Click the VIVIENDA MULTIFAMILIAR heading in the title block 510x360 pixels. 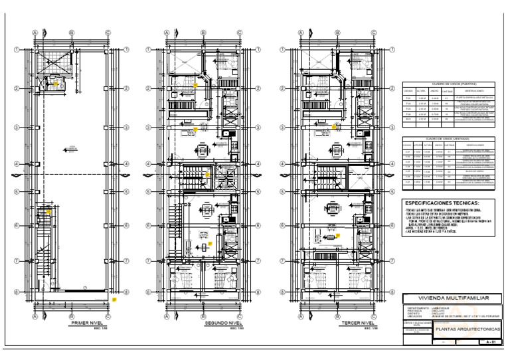[x=449, y=299]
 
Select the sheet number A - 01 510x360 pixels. [x=489, y=341]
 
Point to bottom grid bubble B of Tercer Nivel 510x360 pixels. [x=336, y=308]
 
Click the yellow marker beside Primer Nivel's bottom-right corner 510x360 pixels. [x=114, y=300]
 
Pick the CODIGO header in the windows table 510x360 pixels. [x=408, y=145]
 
